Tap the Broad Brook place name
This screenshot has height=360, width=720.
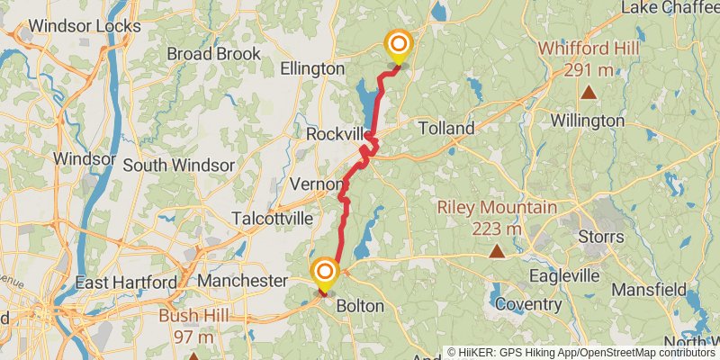213,53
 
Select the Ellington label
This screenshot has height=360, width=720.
312,68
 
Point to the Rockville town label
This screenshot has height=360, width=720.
337,133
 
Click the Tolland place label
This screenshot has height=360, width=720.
445,129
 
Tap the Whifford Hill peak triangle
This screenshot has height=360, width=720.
589,91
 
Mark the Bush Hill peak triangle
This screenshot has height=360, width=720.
193,357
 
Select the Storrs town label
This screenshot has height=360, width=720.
601,237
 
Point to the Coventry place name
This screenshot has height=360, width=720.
527,304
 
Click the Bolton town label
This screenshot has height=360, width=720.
360,306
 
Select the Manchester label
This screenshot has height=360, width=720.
241,281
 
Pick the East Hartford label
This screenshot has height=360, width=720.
126,283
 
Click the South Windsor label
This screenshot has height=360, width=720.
178,166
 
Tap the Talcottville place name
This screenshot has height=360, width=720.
272,219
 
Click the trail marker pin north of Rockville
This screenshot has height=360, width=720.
397,46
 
